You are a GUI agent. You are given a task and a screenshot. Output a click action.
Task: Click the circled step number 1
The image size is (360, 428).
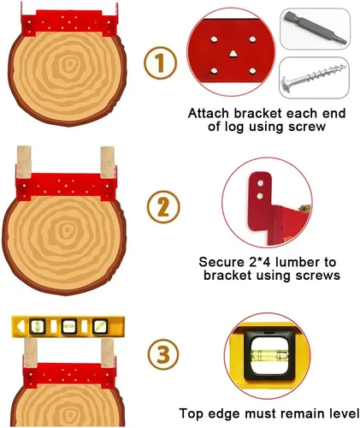[x=160, y=62]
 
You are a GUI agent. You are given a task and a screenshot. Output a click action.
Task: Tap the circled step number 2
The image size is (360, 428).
[x=163, y=207]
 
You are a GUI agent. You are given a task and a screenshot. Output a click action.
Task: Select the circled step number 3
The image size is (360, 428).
[x=163, y=354]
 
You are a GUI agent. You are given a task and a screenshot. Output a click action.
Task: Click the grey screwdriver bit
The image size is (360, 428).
[x=315, y=27]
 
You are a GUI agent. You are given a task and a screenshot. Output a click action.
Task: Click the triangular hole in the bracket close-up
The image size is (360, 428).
[x=233, y=53]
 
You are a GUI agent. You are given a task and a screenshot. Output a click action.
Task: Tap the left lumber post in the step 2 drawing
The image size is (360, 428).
[x=24, y=162]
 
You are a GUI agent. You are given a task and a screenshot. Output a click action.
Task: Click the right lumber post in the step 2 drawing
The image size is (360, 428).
[x=108, y=162]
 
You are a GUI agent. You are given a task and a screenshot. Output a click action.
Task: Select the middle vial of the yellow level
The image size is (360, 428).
[x=68, y=326]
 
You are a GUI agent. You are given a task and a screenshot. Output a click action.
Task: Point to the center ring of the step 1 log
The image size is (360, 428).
[x=68, y=65]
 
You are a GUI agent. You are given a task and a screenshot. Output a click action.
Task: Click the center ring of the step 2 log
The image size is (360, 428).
[x=67, y=229]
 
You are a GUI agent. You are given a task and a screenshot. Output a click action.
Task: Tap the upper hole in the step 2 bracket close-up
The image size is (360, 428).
[x=260, y=183]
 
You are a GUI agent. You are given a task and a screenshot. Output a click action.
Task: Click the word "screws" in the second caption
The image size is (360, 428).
[x=318, y=276]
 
